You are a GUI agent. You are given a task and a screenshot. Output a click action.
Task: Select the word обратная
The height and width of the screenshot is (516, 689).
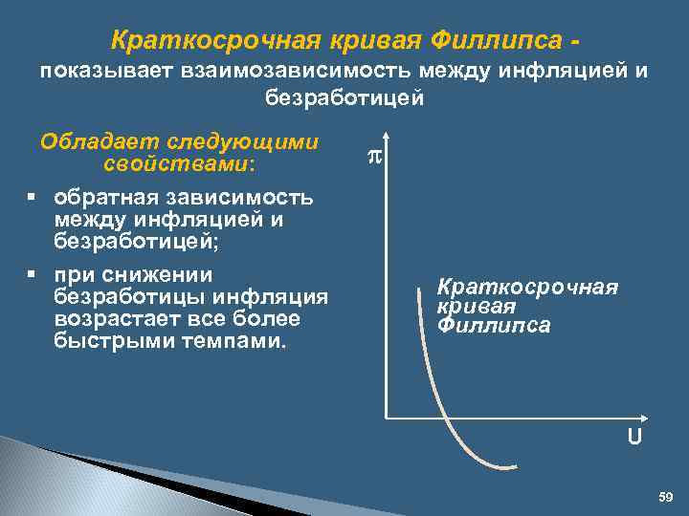(x=106, y=198)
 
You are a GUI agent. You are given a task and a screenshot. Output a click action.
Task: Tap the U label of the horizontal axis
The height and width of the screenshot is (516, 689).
(x=635, y=438)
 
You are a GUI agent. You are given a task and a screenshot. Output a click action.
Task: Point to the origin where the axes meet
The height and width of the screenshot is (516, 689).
(x=385, y=418)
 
